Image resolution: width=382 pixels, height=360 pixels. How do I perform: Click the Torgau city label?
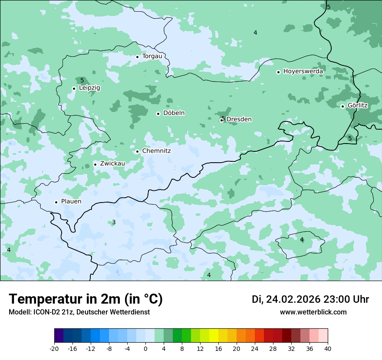[152, 56]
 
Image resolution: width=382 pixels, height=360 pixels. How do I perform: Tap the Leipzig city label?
[89, 88]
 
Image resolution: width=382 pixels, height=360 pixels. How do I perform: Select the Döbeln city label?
[174, 113]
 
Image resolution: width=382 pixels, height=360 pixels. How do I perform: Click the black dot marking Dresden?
[221, 120]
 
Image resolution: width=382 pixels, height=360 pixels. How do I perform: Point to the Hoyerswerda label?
[303, 72]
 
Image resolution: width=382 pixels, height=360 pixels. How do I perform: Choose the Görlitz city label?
[357, 105]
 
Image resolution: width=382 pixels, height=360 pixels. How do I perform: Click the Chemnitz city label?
[156, 151]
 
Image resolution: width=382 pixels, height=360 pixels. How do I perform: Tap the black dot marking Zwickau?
[95, 164]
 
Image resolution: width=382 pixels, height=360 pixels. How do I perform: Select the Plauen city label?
[71, 202]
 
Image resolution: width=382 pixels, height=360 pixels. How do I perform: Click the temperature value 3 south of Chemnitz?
[114, 223]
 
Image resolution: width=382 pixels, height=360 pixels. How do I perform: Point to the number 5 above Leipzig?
[82, 80]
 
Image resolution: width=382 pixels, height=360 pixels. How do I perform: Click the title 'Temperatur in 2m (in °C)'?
[86, 299]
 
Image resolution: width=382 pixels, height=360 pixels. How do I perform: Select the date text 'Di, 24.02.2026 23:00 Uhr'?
[310, 299]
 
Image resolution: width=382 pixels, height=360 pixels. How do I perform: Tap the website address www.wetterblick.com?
[313, 312]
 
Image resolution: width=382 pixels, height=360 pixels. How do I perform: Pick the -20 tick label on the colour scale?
[54, 349]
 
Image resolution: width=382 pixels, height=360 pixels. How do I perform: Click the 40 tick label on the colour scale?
[328, 349]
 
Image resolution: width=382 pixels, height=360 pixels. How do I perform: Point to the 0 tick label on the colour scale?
[145, 349]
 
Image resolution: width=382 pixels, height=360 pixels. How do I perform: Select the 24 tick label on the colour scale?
[255, 349]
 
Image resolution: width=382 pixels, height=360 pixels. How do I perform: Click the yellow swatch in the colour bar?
[214, 336]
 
